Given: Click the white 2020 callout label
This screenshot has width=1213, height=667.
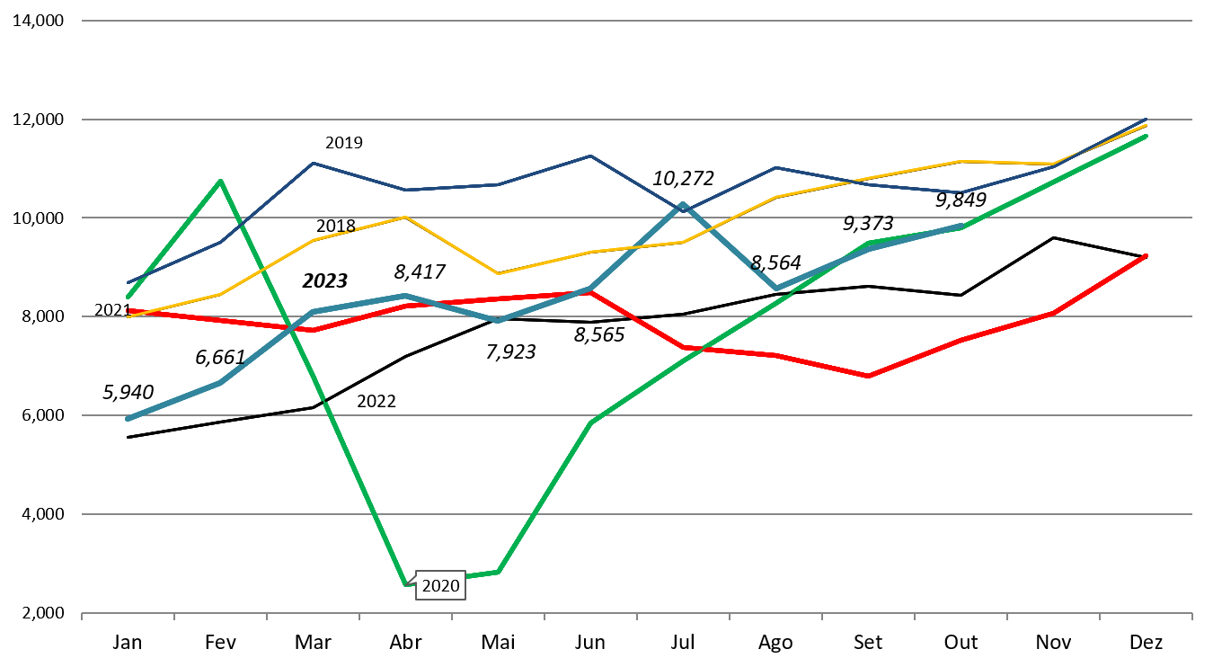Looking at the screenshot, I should (x=440, y=586).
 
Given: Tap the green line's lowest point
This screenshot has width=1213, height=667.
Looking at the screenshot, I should (x=406, y=585).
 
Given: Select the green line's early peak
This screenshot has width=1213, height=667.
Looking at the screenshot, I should (x=220, y=182).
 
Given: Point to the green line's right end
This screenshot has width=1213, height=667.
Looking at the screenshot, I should (x=1147, y=136).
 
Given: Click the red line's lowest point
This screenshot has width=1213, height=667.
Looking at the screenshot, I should (x=868, y=376).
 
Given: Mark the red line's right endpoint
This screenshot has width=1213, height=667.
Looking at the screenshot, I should (x=1147, y=255).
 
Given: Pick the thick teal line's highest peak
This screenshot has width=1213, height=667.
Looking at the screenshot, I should (x=683, y=205).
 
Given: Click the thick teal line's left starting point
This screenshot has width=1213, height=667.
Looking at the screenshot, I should (x=128, y=419).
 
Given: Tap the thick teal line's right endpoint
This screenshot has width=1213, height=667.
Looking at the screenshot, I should (x=961, y=227).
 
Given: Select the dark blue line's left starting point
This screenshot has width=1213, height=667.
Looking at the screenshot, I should (x=128, y=282).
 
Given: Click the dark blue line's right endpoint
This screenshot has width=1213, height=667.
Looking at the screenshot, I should (x=1147, y=119).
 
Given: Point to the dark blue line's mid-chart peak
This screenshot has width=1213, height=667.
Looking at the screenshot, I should (x=590, y=156).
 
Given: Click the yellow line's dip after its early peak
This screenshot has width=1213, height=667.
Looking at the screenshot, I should (x=498, y=273).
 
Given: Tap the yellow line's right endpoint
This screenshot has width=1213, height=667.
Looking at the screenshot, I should (x=1147, y=125).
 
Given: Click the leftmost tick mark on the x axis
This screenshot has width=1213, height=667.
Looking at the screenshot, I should (x=82, y=616).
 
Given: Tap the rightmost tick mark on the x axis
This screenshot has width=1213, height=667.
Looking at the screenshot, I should (x=1191, y=616).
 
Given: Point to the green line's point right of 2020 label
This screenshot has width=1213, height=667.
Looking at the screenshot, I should (x=498, y=572).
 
